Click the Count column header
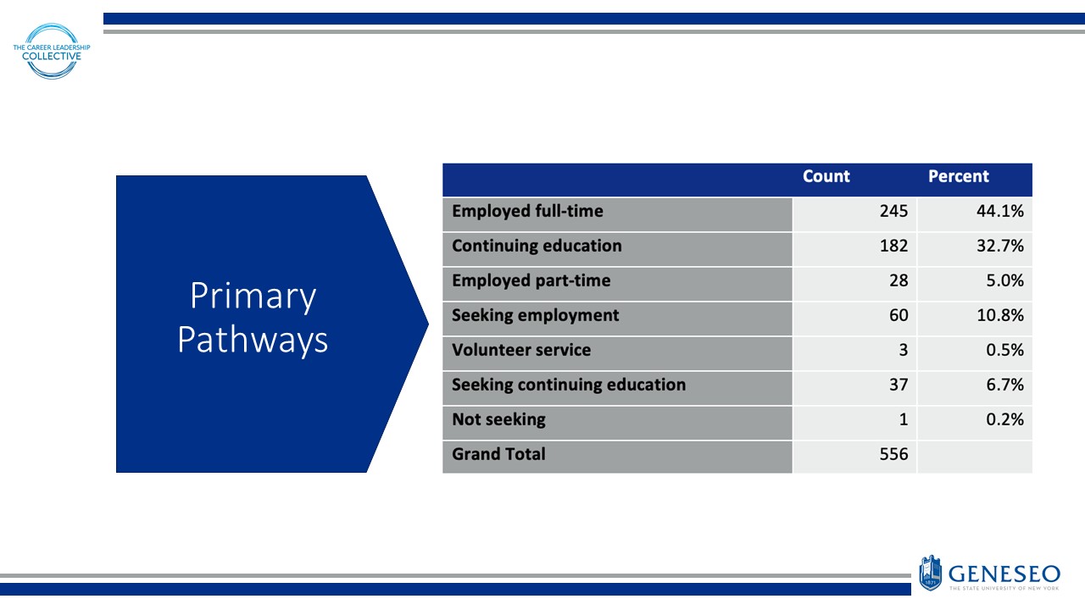tap(826, 177)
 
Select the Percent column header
tap(958, 177)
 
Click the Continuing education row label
tap(537, 247)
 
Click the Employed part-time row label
tap(531, 281)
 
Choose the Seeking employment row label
tap(535, 316)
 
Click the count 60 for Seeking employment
tap(898, 316)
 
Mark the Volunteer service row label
tap(521, 351)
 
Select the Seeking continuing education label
tap(569, 385)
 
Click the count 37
tap(898, 385)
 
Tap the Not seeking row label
tap(498, 420)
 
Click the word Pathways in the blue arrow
tap(253, 341)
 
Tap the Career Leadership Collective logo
tap(53, 51)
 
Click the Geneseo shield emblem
tap(930, 573)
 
